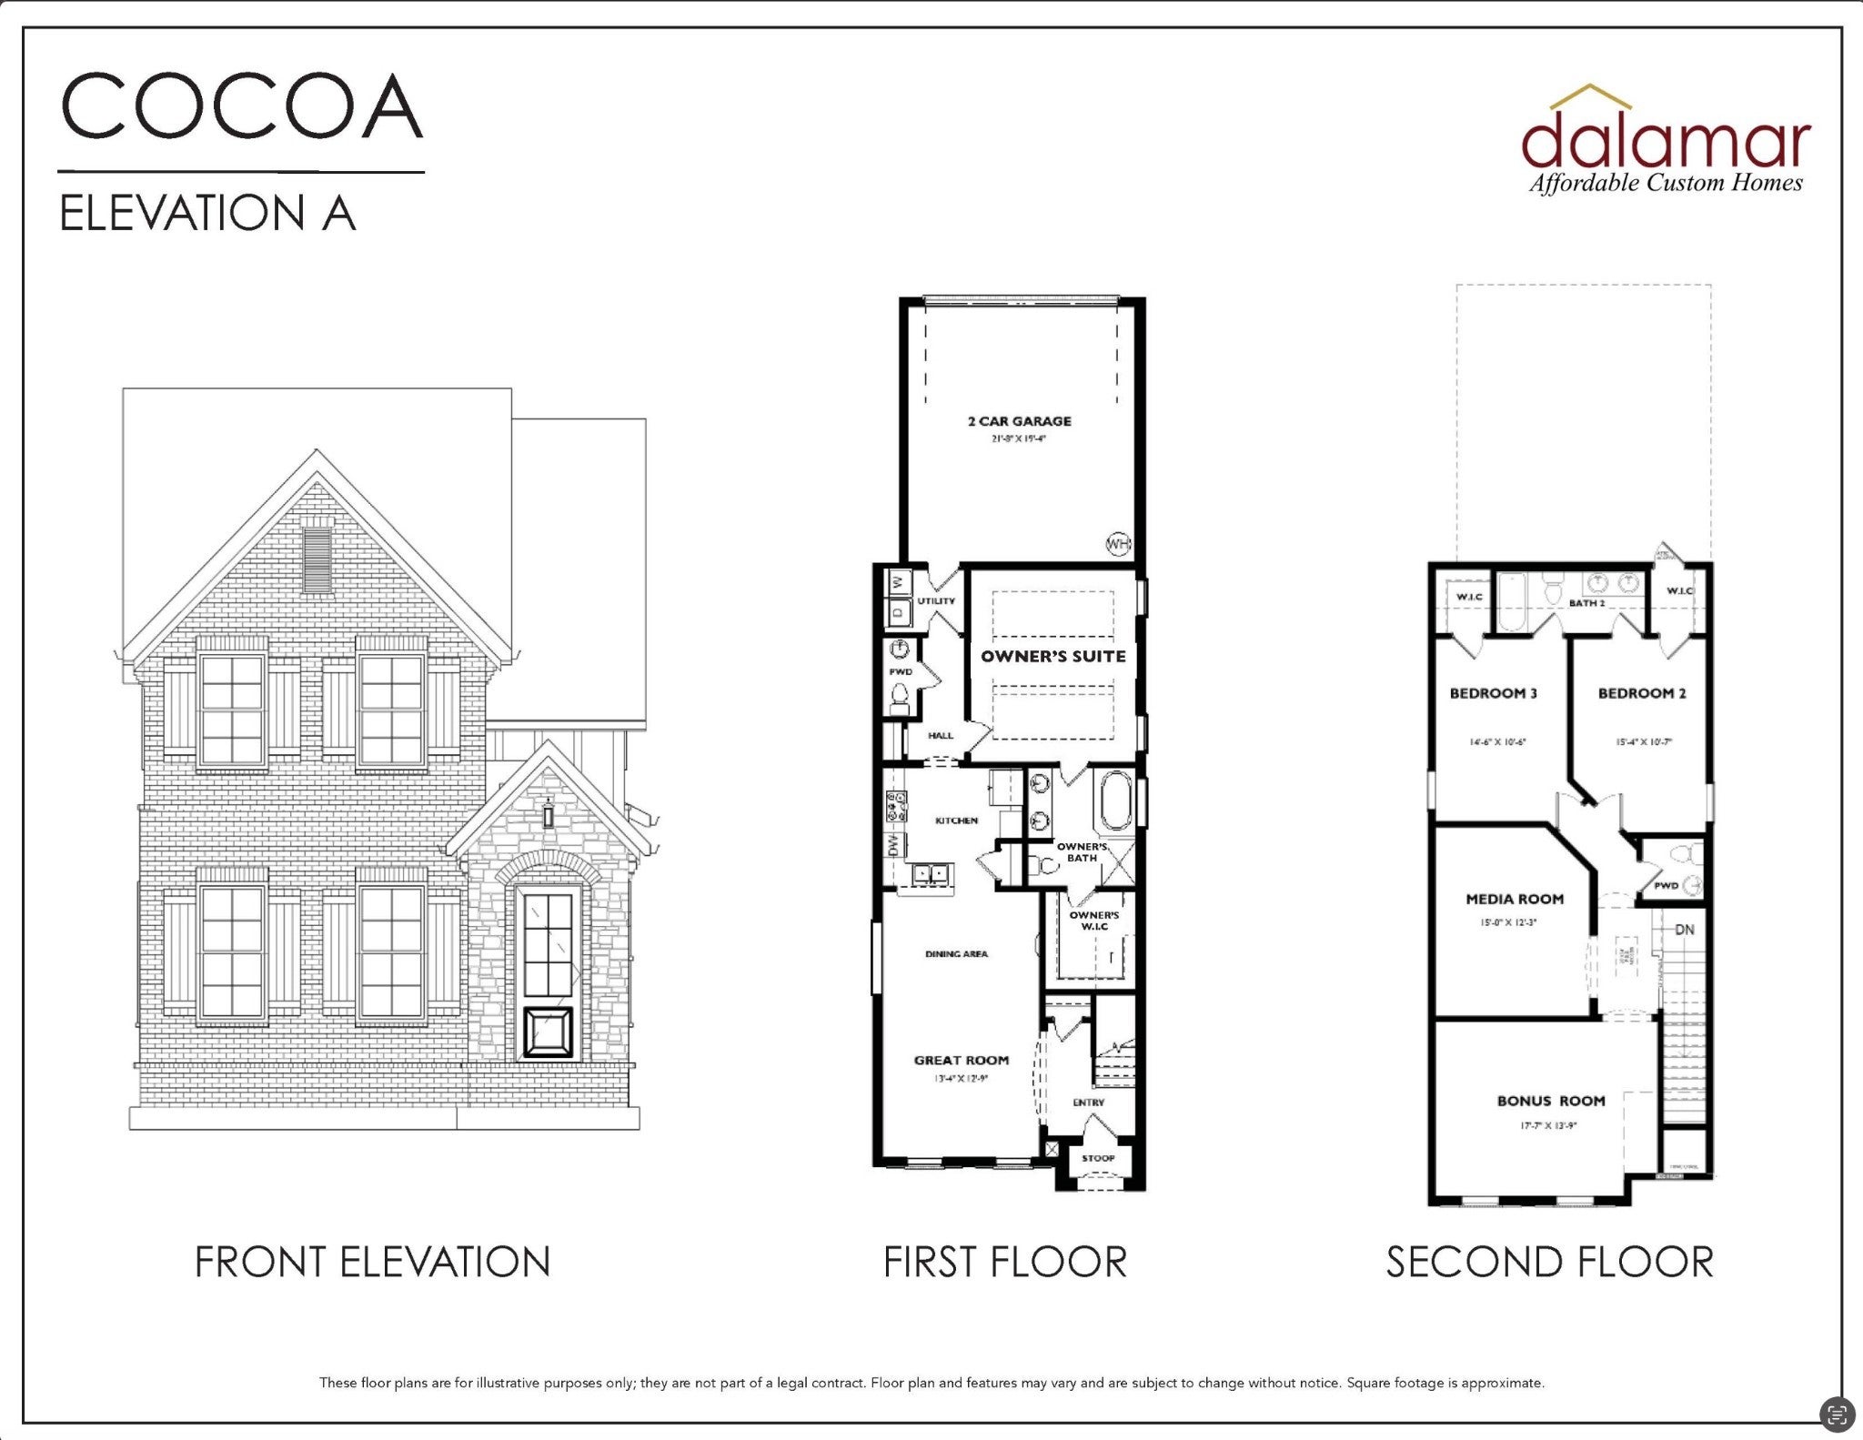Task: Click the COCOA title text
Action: (242, 106)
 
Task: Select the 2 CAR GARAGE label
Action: (1019, 421)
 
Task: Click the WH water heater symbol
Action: (1117, 544)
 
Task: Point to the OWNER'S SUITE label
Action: (1052, 656)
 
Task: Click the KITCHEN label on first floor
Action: (956, 821)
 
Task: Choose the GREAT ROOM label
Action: (961, 1060)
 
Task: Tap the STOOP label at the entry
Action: (1097, 1158)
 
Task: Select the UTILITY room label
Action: (936, 601)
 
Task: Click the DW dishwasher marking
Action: (892, 845)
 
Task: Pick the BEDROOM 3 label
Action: (1493, 693)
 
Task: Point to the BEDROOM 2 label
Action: (1641, 693)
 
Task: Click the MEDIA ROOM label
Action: (1515, 899)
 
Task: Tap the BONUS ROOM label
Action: (1550, 1101)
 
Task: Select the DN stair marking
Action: (1685, 930)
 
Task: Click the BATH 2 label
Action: (1586, 603)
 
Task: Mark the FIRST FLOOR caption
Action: (1005, 1262)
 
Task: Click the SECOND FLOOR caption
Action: (1549, 1262)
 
